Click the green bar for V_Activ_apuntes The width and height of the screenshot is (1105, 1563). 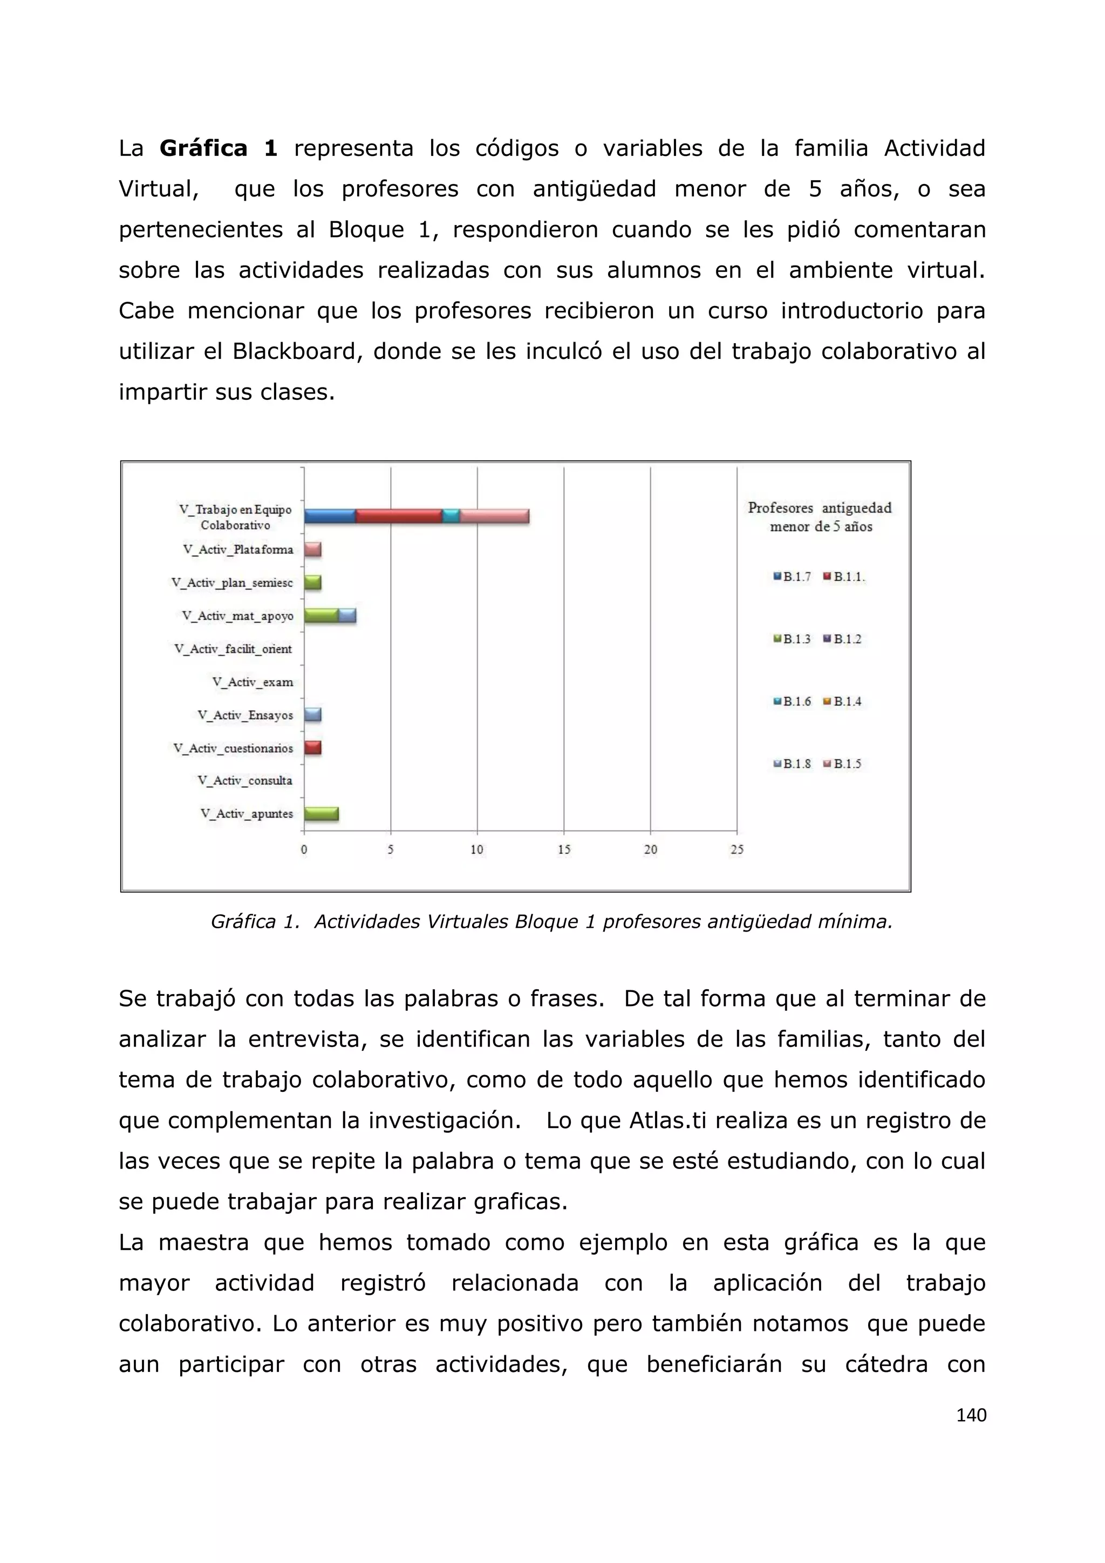pyautogui.click(x=321, y=814)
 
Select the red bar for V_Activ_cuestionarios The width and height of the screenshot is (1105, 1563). pyautogui.click(x=313, y=748)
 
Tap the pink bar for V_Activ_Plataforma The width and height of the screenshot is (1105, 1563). pyautogui.click(x=313, y=549)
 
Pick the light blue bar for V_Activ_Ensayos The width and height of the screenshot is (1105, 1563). pyautogui.click(x=313, y=715)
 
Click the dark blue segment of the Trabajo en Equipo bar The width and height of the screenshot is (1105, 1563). pyautogui.click(x=330, y=516)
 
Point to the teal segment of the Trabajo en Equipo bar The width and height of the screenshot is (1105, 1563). pyautogui.click(x=451, y=516)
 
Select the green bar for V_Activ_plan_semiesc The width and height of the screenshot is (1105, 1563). pyautogui.click(x=313, y=583)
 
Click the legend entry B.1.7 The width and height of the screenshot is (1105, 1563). pyautogui.click(x=793, y=576)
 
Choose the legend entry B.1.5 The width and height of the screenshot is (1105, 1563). pyautogui.click(x=844, y=764)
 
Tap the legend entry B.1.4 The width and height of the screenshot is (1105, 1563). pyautogui.click(x=844, y=701)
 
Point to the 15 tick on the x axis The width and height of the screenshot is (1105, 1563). pyautogui.click(x=564, y=850)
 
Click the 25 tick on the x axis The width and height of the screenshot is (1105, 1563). pyautogui.click(x=737, y=850)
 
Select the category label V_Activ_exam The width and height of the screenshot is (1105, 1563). pyautogui.click(x=253, y=682)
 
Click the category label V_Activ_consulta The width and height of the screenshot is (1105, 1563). pyautogui.click(x=245, y=781)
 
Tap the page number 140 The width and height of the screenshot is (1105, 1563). pyautogui.click(x=971, y=1415)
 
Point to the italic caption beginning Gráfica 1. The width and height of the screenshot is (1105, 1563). pyautogui.click(x=551, y=922)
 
